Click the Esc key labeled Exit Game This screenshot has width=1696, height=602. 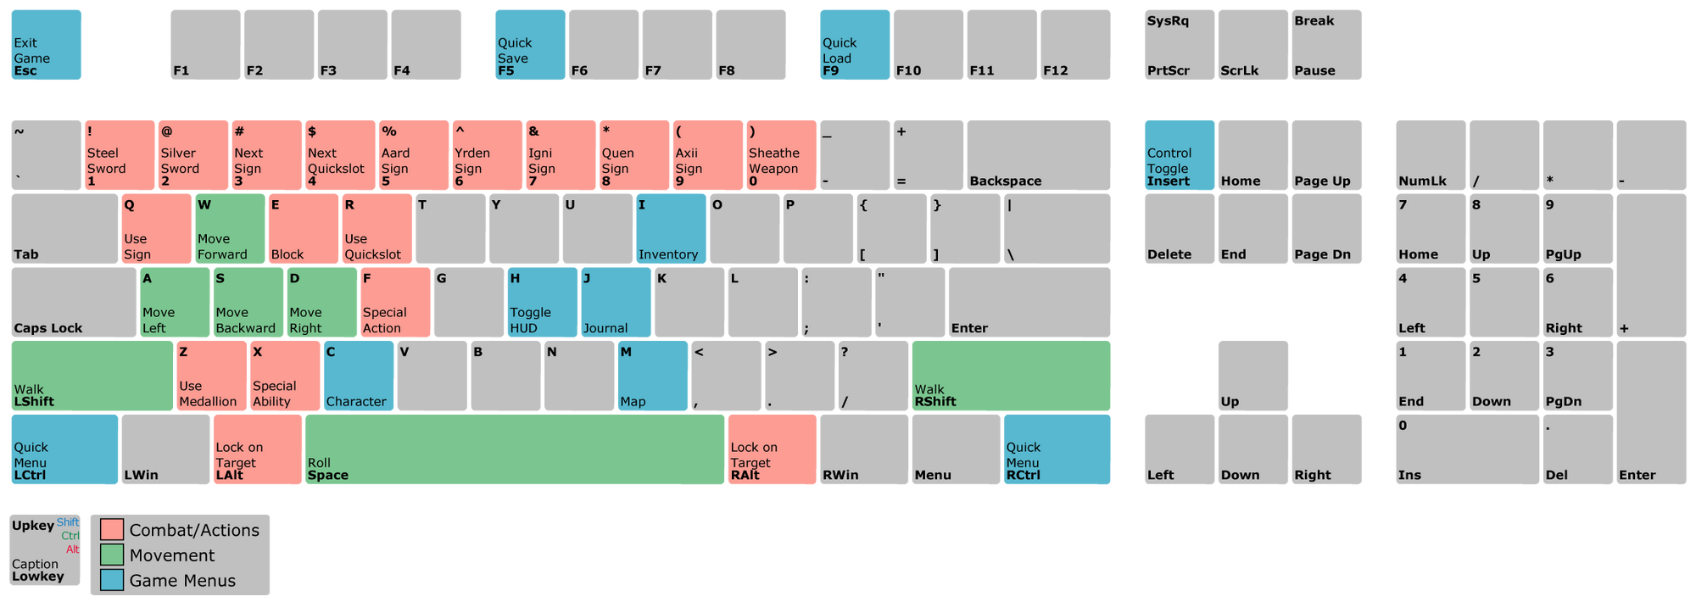click(x=46, y=46)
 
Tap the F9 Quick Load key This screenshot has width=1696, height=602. click(x=854, y=46)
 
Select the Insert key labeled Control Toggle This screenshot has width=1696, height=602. click(x=1179, y=155)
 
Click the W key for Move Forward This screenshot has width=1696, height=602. click(x=229, y=229)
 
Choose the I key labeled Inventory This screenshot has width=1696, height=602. click(x=671, y=229)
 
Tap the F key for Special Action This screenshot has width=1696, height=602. click(x=395, y=303)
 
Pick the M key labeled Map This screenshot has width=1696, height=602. click(x=652, y=376)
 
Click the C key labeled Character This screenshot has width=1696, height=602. click(x=359, y=376)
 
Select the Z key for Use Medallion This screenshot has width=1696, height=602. click(x=211, y=376)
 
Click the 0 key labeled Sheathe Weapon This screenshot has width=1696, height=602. click(x=781, y=155)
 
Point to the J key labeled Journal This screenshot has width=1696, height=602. click(x=616, y=303)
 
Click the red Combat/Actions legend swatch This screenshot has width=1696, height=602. click(x=112, y=530)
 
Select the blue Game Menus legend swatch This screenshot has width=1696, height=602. click(x=112, y=581)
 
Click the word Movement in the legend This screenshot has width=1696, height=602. click(x=172, y=555)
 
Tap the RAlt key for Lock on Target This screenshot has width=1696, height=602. click(x=772, y=450)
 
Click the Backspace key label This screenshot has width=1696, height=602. click(x=1005, y=181)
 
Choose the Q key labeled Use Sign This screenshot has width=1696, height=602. click(x=156, y=229)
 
